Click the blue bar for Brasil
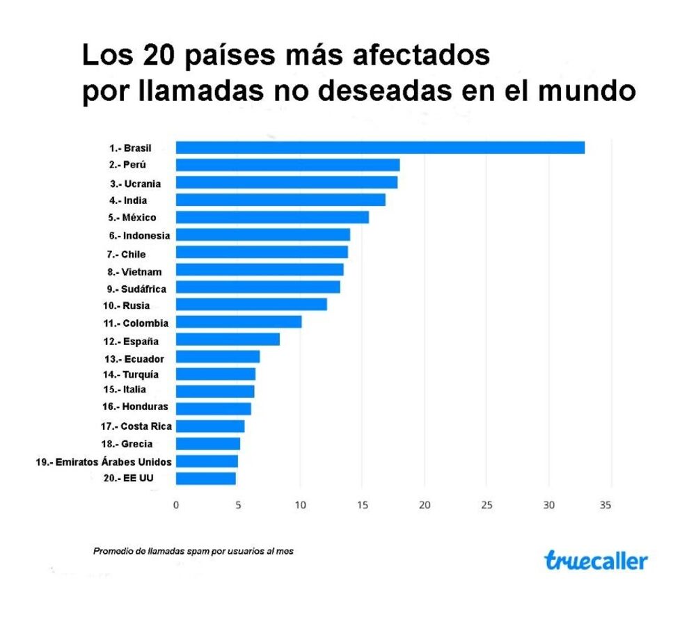(x=380, y=147)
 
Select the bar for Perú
(x=287, y=165)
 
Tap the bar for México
(x=272, y=218)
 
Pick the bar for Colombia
(x=238, y=322)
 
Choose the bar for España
(x=228, y=339)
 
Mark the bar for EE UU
(x=205, y=479)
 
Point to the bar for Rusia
(x=251, y=305)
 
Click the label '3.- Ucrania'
(x=135, y=184)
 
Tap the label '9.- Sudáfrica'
(x=137, y=288)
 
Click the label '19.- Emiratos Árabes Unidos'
(x=104, y=461)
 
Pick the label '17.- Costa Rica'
(x=137, y=426)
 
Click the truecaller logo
(x=596, y=561)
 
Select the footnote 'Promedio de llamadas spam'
(x=193, y=551)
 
